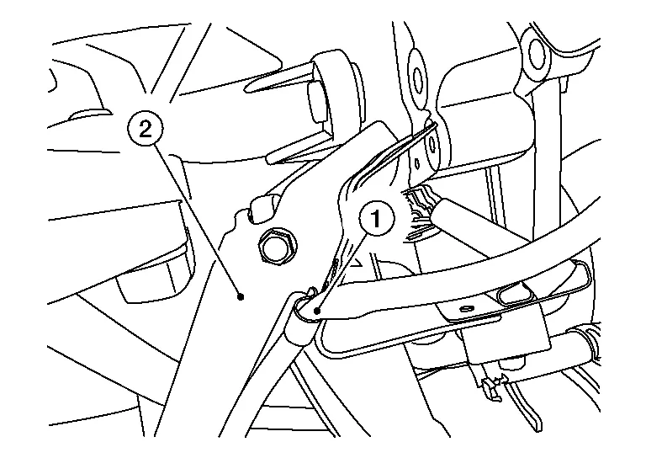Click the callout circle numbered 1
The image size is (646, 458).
tap(377, 219)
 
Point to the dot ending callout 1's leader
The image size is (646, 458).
tap(317, 311)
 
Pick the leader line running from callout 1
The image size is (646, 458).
tap(342, 272)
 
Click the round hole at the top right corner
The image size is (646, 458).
tap(537, 54)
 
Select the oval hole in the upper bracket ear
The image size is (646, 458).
tap(418, 77)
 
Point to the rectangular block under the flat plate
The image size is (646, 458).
tap(507, 334)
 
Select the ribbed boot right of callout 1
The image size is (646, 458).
tap(418, 215)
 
